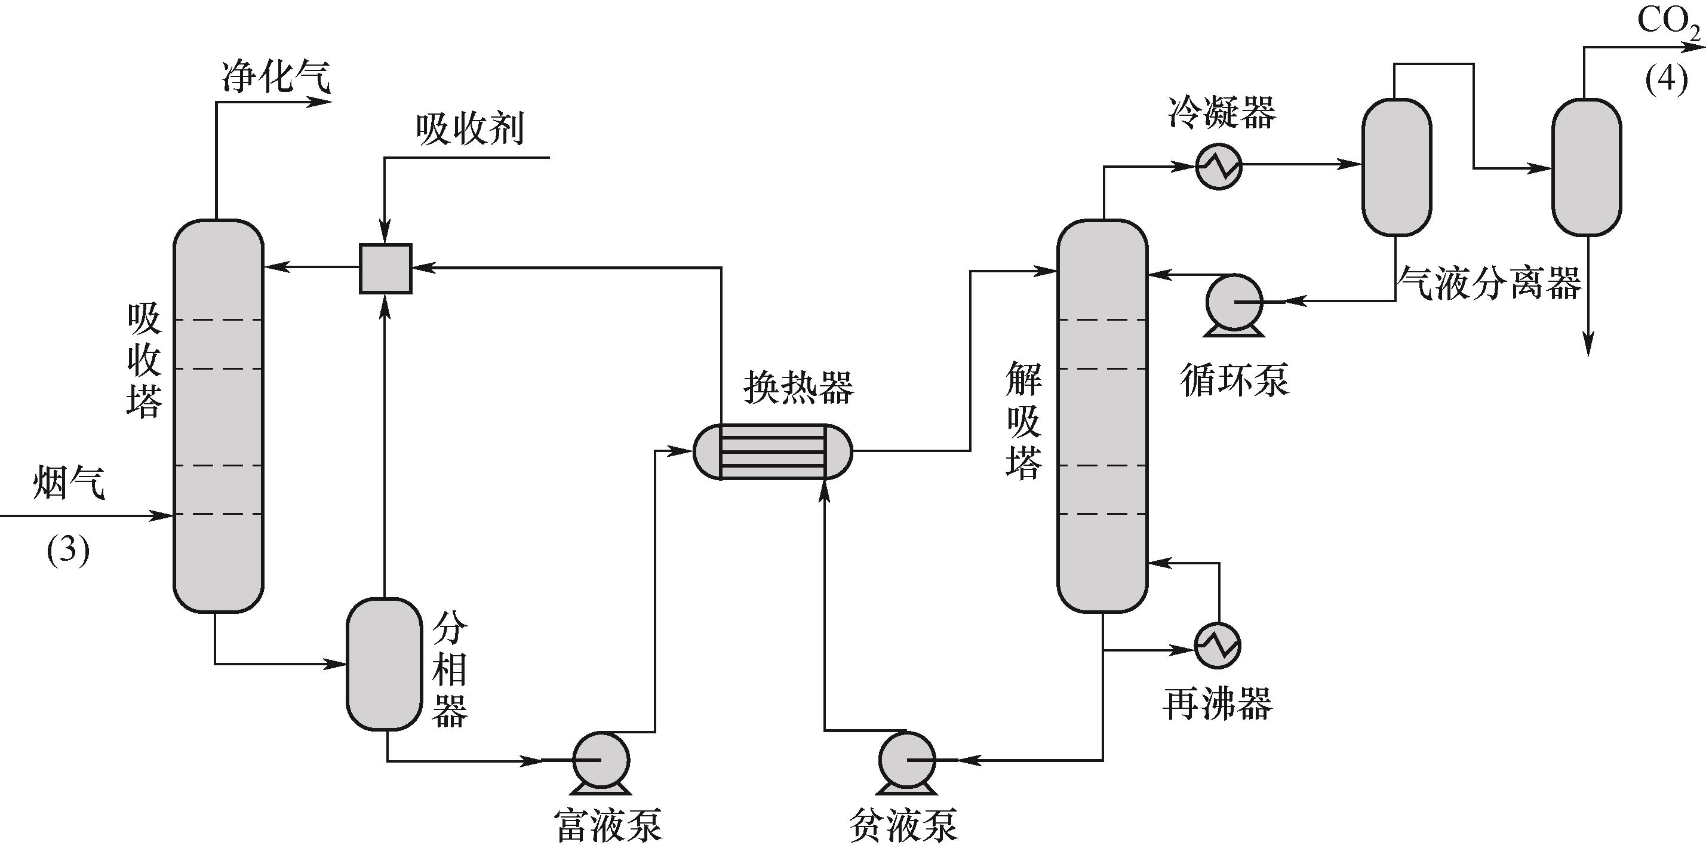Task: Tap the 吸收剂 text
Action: (x=469, y=128)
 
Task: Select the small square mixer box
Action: (x=385, y=268)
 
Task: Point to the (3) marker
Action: (x=67, y=550)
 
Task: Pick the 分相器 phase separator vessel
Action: (x=384, y=664)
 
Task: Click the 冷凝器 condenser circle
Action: (x=1219, y=166)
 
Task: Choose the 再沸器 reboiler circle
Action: (x=1217, y=646)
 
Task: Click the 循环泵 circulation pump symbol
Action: (x=1234, y=303)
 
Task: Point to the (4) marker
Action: (x=1666, y=79)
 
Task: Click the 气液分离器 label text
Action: (x=1489, y=284)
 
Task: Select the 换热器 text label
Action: (x=799, y=387)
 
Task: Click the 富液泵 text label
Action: (x=607, y=824)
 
